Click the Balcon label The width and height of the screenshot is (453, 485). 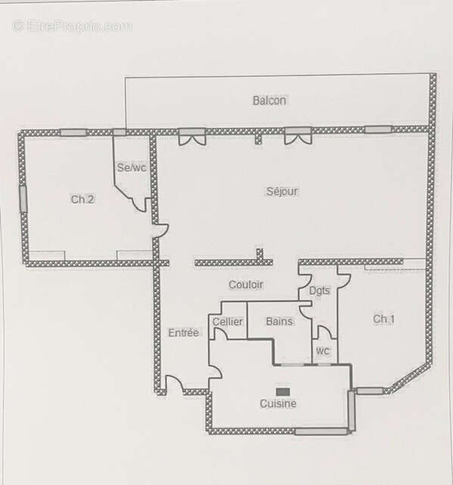click(270, 100)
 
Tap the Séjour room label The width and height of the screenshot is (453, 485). click(282, 191)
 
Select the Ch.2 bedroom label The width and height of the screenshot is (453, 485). click(83, 199)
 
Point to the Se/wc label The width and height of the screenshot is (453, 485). click(131, 167)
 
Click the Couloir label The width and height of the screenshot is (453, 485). click(245, 284)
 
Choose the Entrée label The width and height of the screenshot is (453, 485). click(183, 332)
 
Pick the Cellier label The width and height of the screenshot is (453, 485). click(227, 321)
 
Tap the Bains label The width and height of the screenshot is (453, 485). click(280, 321)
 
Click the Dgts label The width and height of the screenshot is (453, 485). click(320, 290)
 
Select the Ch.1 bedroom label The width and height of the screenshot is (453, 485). click(384, 319)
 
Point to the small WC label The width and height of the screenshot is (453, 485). click(323, 352)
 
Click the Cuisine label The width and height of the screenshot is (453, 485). click(278, 404)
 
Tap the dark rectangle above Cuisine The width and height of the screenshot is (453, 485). click(283, 391)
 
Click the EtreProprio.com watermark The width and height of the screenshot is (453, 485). click(72, 26)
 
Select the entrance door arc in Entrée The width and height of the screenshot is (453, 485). click(173, 384)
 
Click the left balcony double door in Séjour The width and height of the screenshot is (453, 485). click(192, 136)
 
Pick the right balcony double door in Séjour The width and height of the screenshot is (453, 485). click(298, 136)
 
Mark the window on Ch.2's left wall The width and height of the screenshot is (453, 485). click(23, 199)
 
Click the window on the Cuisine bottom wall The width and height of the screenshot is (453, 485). click(321, 431)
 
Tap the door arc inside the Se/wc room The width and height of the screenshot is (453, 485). click(139, 202)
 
